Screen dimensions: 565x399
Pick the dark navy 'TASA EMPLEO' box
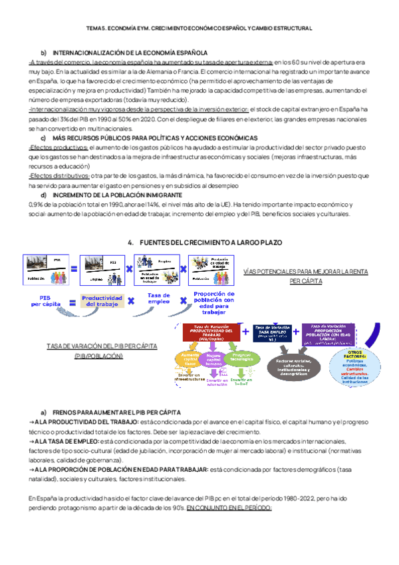[x=271, y=332]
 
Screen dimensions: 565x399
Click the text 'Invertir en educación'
[x=217, y=382]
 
